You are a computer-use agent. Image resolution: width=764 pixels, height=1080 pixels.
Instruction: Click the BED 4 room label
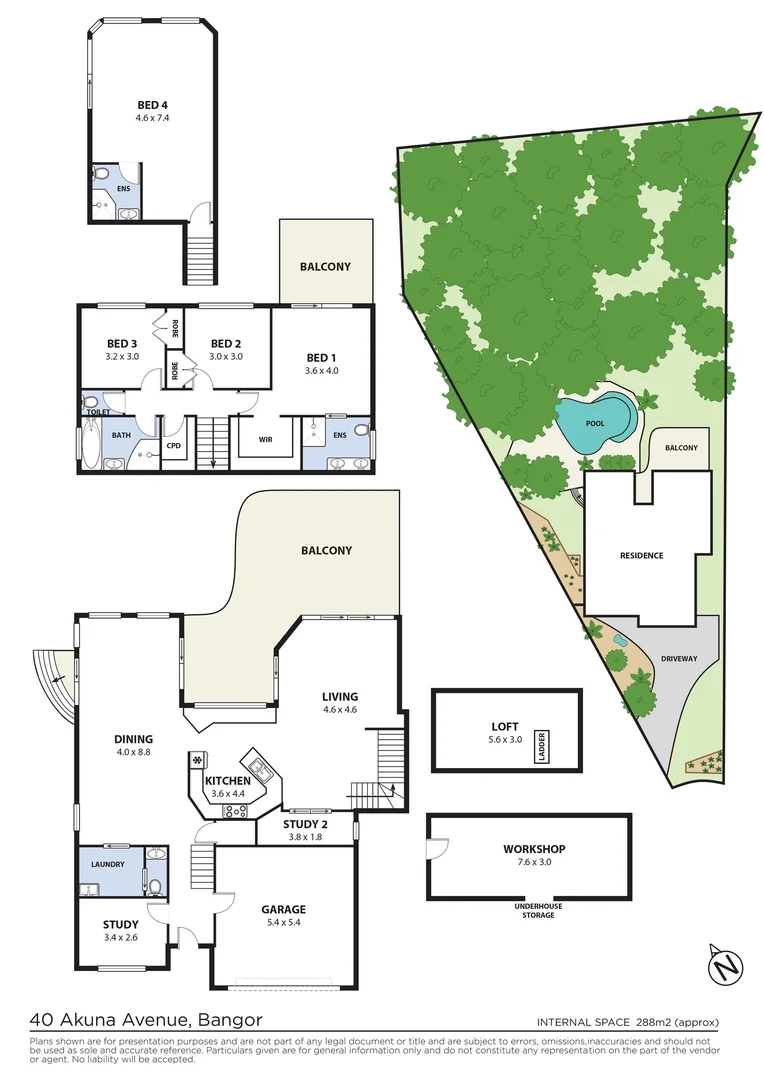(x=153, y=103)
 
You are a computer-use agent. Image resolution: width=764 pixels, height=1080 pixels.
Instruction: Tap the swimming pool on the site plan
(x=596, y=422)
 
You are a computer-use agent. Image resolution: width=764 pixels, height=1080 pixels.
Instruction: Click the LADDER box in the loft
(x=541, y=745)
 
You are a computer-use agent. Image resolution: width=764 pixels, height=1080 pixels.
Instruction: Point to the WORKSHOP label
(x=533, y=850)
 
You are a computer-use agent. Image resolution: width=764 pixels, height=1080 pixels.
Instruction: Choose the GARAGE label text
(x=283, y=909)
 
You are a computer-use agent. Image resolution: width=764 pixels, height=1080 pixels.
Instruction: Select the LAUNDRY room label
(x=107, y=864)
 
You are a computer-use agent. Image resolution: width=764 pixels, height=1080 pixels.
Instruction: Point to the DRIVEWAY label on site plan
(x=679, y=658)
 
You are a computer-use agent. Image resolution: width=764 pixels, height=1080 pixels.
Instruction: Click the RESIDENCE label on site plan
(x=641, y=555)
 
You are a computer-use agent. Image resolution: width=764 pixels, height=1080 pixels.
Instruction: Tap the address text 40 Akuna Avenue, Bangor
(x=146, y=1020)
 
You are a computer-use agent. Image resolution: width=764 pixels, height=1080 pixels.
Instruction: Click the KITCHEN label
(x=228, y=780)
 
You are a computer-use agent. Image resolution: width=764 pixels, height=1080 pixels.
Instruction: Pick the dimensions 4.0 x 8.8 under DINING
(x=132, y=752)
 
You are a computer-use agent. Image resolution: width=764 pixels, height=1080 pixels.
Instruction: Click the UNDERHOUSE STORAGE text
(x=531, y=910)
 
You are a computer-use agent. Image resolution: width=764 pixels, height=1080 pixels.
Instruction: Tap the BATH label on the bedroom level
(x=121, y=435)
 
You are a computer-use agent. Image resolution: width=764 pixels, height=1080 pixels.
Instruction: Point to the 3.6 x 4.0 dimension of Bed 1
(x=322, y=371)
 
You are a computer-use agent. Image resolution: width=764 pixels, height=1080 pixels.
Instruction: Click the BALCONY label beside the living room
(x=326, y=550)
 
